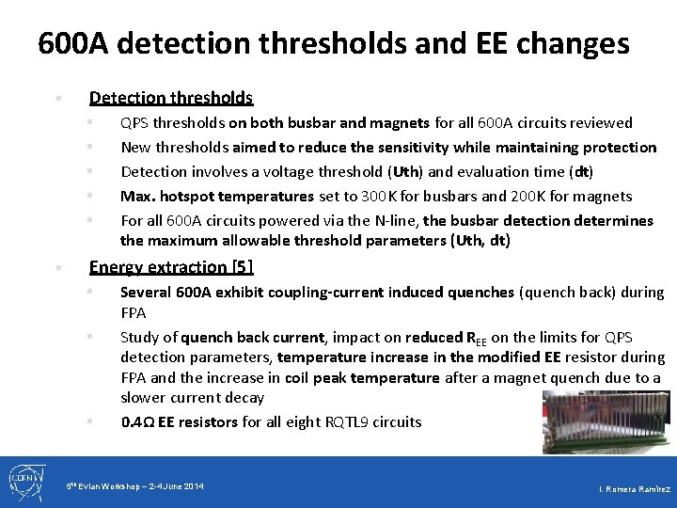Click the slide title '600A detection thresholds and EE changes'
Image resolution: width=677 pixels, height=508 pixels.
[x=334, y=43]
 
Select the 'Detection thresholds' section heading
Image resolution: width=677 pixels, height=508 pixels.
[x=170, y=98]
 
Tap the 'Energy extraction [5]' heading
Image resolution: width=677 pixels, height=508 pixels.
[x=170, y=267]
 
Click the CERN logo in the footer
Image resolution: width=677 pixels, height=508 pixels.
[x=24, y=481]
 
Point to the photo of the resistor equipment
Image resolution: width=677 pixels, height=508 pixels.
[x=607, y=423]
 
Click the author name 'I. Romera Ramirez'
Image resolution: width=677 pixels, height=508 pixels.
[x=635, y=489]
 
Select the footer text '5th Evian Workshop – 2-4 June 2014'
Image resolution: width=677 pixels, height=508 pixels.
[x=135, y=485]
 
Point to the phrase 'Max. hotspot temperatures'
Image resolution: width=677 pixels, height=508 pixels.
[x=216, y=196]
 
